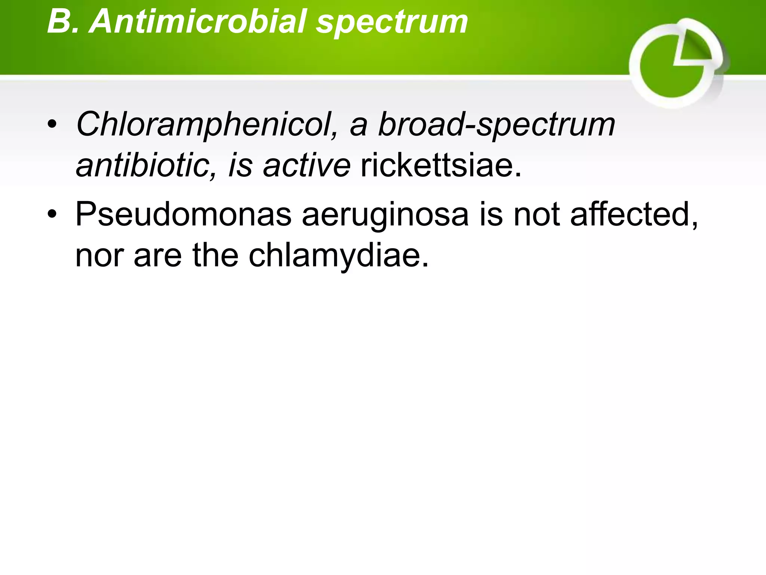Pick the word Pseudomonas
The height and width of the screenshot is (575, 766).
183,215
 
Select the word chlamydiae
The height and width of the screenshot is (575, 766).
338,256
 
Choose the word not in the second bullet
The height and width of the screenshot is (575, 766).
536,215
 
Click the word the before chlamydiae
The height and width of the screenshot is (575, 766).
215,256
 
